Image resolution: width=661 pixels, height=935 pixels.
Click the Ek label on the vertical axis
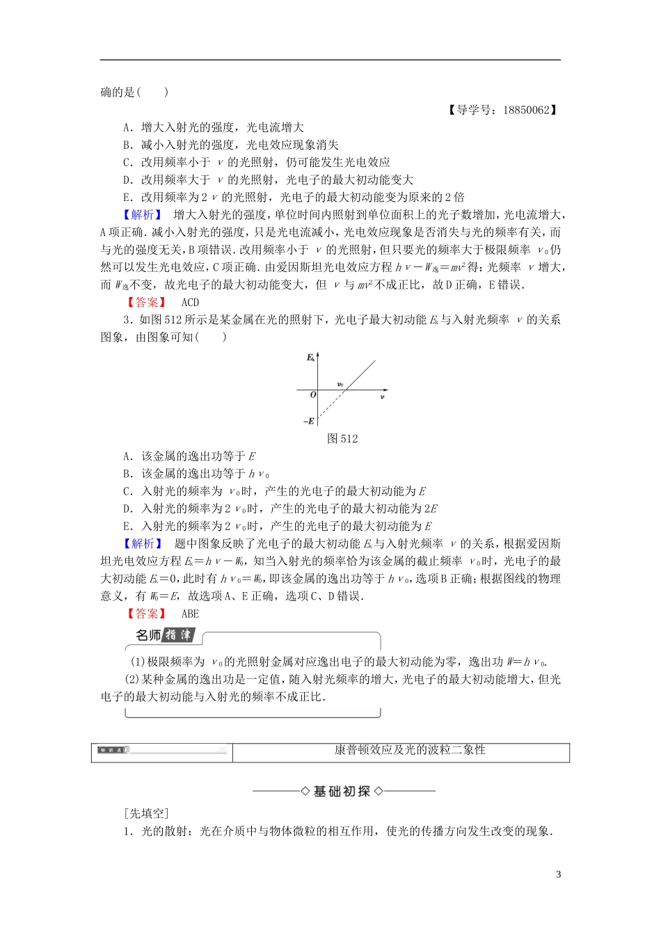click(310, 358)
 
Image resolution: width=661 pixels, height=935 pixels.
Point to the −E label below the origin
click(308, 422)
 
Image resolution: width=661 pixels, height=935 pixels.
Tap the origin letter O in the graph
click(313, 394)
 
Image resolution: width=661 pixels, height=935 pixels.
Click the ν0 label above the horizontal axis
click(340, 384)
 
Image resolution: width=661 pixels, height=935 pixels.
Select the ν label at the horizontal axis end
click(382, 397)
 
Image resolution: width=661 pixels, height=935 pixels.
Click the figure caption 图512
click(342, 439)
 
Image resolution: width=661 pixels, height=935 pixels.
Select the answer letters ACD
click(190, 303)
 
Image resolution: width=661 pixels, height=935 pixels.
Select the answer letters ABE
click(190, 614)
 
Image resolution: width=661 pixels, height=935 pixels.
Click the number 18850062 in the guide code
click(525, 110)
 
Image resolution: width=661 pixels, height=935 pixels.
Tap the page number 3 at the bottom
click(558, 874)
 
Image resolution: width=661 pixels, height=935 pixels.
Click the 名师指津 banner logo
click(166, 635)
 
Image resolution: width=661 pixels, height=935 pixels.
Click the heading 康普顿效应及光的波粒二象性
click(400, 750)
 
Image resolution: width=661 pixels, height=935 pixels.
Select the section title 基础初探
click(342, 792)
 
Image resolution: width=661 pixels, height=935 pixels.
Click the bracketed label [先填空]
click(146, 813)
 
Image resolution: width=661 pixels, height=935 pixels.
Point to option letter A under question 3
click(127, 457)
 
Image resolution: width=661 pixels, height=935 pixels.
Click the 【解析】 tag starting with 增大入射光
click(143, 215)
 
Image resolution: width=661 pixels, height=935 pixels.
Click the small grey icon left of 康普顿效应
click(111, 750)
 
